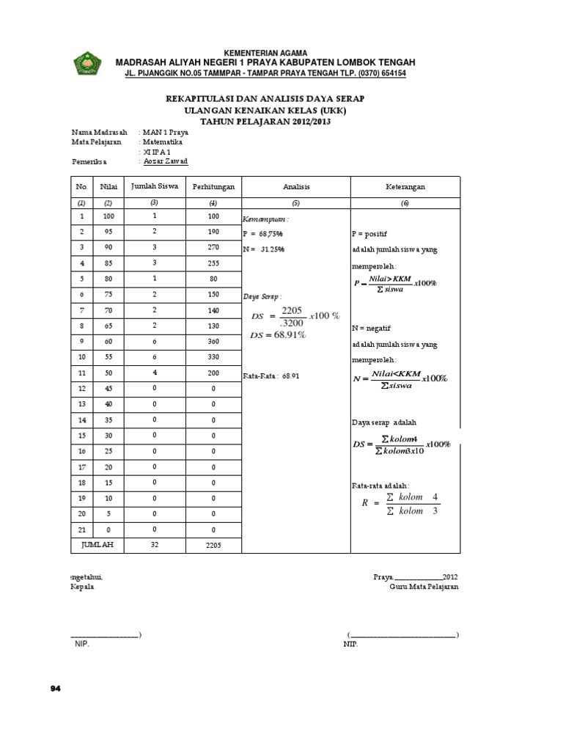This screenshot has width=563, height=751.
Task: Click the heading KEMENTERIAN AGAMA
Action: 265,54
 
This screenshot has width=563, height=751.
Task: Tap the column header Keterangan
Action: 405,187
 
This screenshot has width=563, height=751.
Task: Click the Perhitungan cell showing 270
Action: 213,248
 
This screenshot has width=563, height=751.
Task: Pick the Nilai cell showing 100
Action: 108,217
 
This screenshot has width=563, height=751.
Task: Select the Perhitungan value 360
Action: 213,341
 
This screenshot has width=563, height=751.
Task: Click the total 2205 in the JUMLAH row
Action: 213,544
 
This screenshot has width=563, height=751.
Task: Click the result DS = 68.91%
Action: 278,335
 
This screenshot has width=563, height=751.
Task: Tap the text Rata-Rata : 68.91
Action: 271,375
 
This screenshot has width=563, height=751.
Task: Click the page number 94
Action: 55,688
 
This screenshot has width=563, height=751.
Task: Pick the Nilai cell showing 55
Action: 108,356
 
